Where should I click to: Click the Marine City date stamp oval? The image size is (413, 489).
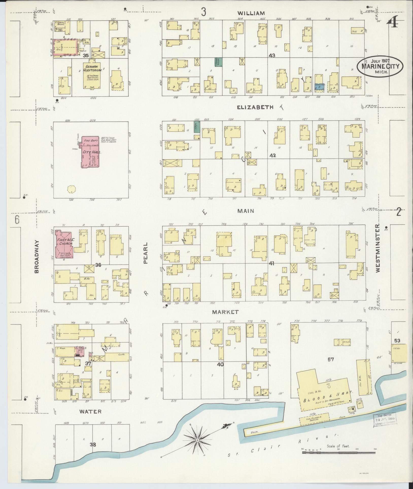[x=380, y=66]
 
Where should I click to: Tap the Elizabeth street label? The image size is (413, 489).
[x=255, y=107]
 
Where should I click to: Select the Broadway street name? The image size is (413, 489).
[x=37, y=257]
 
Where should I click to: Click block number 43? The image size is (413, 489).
[x=272, y=55]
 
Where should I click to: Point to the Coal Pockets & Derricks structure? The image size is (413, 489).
[x=314, y=418]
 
